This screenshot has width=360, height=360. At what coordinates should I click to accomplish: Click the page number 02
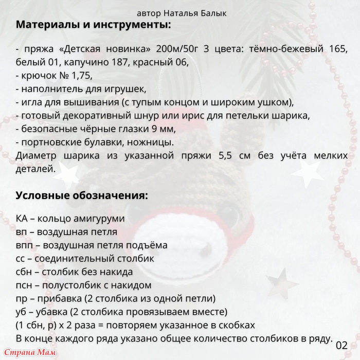pyautogui.click(x=343, y=344)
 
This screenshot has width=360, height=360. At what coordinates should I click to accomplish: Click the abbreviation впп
pyautogui.click(x=25, y=245)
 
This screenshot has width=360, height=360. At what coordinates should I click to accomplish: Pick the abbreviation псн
pyautogui.click(x=25, y=285)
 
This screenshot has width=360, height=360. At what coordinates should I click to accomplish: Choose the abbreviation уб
pyautogui.click(x=22, y=312)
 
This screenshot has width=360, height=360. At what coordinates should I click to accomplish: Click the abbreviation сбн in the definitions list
pyautogui.click(x=25, y=272)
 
